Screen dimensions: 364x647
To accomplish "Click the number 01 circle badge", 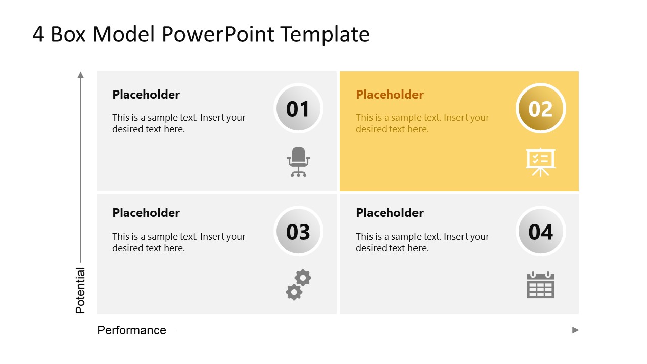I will (x=298, y=109).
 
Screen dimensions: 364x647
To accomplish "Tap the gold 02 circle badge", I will (x=540, y=109).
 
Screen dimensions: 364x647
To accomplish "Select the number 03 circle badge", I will (x=298, y=232).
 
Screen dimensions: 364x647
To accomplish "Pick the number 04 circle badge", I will (x=540, y=232).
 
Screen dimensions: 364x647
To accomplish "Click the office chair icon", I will (x=298, y=162).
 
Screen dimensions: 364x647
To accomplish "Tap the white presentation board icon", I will (x=540, y=162).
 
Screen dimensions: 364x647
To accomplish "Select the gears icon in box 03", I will (x=298, y=285).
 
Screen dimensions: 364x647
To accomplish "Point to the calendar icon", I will (x=540, y=285).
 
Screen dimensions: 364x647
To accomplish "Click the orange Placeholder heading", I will (x=390, y=95).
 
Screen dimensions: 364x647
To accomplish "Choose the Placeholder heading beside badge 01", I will (x=146, y=95).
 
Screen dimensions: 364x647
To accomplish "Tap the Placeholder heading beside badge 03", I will (x=146, y=213).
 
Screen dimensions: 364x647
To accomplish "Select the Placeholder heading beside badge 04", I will (x=390, y=213).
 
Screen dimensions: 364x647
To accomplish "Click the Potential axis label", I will (x=80, y=291).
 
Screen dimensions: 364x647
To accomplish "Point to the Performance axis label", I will (x=131, y=330).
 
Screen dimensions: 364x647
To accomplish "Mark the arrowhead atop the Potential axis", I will (x=80, y=75).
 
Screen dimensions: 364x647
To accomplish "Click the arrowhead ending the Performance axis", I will (x=575, y=330).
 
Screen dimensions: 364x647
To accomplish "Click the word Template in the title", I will (x=325, y=34).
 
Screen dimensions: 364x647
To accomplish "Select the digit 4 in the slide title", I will (x=38, y=34).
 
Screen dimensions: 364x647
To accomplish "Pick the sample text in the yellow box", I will (x=422, y=123).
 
